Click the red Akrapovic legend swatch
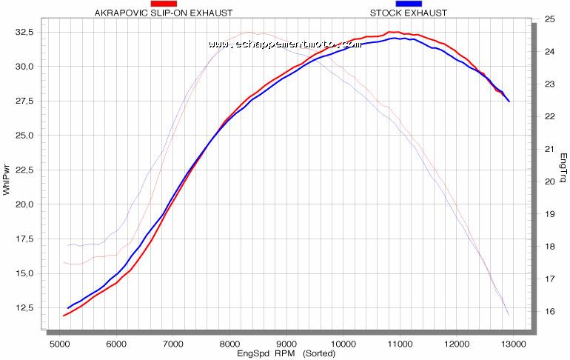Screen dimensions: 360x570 click(164, 4)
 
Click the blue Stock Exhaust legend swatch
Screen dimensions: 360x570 click(409, 4)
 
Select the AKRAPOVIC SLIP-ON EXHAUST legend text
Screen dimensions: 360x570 click(164, 13)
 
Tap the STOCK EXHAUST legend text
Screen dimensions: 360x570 click(409, 13)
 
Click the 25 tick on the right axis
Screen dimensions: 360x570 click(549, 19)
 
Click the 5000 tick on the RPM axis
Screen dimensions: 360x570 click(59, 344)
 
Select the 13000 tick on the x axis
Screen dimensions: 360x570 click(513, 344)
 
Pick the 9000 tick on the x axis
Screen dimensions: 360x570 click(286, 344)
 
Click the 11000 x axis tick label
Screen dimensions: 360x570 click(400, 344)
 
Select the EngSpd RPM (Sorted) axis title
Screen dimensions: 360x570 click(286, 353)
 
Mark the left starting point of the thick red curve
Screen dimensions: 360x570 click(64, 316)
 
